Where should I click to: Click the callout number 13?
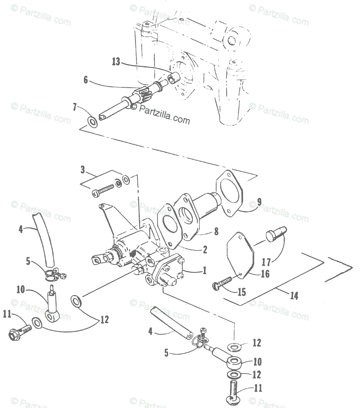click(116, 62)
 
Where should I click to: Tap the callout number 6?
click(86, 80)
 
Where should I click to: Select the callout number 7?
click(75, 107)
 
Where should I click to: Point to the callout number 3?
click(83, 170)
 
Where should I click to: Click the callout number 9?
click(259, 202)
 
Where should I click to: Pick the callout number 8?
click(216, 232)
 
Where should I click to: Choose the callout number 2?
click(205, 250)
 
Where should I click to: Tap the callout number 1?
click(205, 270)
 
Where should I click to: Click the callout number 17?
click(266, 262)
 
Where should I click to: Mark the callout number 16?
click(265, 274)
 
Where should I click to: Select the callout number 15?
click(242, 292)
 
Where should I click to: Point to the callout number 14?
click(294, 296)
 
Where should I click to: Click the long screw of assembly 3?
click(103, 190)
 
